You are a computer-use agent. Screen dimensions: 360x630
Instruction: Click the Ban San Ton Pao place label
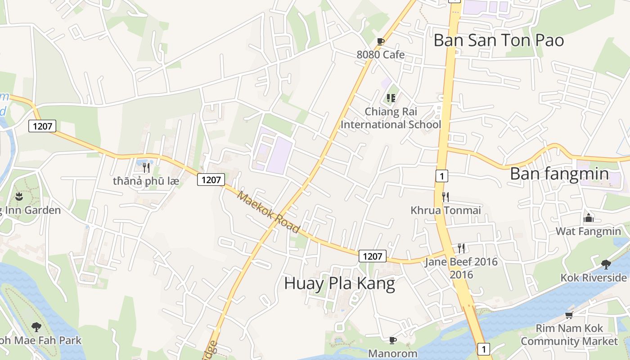tap(499, 40)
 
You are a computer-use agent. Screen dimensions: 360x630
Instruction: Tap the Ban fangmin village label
tap(559, 174)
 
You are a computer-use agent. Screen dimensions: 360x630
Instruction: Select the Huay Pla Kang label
tap(340, 283)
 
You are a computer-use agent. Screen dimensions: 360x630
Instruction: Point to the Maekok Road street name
tap(269, 212)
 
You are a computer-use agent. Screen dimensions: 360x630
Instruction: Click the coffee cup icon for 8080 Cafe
tap(380, 42)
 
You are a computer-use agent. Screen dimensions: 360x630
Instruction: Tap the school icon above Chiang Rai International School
tap(391, 98)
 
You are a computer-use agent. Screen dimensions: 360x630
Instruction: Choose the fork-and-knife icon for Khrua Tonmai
tap(445, 197)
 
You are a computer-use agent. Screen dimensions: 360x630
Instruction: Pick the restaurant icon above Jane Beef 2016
tap(461, 248)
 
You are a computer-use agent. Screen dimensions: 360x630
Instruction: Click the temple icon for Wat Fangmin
tap(588, 218)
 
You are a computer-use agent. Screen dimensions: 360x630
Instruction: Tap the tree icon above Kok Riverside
tap(606, 264)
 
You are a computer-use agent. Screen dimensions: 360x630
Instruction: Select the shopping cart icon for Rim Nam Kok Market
tap(569, 315)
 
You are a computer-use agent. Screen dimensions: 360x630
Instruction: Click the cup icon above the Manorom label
tap(392, 340)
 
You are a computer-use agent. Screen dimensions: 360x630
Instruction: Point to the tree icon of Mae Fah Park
tap(36, 327)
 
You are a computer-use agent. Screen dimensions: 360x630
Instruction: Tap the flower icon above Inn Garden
tap(18, 197)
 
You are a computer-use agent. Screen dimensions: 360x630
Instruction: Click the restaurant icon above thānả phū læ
tap(146, 168)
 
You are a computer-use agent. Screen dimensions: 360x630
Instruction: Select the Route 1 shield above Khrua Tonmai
tap(442, 176)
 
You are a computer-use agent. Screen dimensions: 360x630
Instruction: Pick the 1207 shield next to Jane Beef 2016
tap(373, 256)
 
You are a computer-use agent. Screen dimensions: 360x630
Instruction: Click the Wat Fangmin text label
tap(588, 231)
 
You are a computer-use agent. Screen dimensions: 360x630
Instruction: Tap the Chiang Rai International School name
tap(391, 118)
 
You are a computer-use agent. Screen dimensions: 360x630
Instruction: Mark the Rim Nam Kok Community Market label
tap(569, 335)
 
